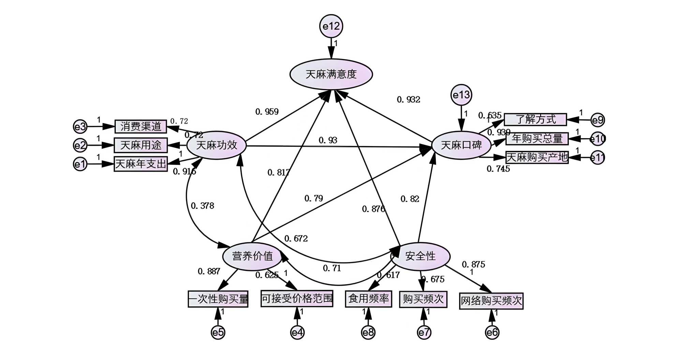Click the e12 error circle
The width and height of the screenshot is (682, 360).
[331, 26]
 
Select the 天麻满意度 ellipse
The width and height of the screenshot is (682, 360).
[331, 74]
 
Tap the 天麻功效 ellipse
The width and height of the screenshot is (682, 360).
[217, 145]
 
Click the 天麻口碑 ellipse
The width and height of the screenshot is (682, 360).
[461, 145]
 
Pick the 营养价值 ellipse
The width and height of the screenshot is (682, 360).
[252, 256]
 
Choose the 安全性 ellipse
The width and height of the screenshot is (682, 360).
[420, 256]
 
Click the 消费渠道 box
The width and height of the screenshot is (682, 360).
[140, 127]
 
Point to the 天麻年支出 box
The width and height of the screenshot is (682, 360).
[140, 164]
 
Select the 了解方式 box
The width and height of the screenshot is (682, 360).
[535, 119]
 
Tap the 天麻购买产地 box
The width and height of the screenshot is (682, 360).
[537, 157]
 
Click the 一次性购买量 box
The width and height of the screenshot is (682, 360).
[218, 299]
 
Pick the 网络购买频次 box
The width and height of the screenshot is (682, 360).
[491, 301]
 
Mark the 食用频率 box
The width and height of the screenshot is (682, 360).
[368, 299]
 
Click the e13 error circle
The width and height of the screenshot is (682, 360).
[461, 95]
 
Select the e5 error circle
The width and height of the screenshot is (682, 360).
[218, 332]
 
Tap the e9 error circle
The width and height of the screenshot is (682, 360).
[597, 120]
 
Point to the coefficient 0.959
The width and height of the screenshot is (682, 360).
[267, 112]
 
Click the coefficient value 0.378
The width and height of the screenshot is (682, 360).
[203, 206]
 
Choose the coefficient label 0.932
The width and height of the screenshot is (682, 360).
[409, 100]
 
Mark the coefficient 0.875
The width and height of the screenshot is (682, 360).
[473, 264]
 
